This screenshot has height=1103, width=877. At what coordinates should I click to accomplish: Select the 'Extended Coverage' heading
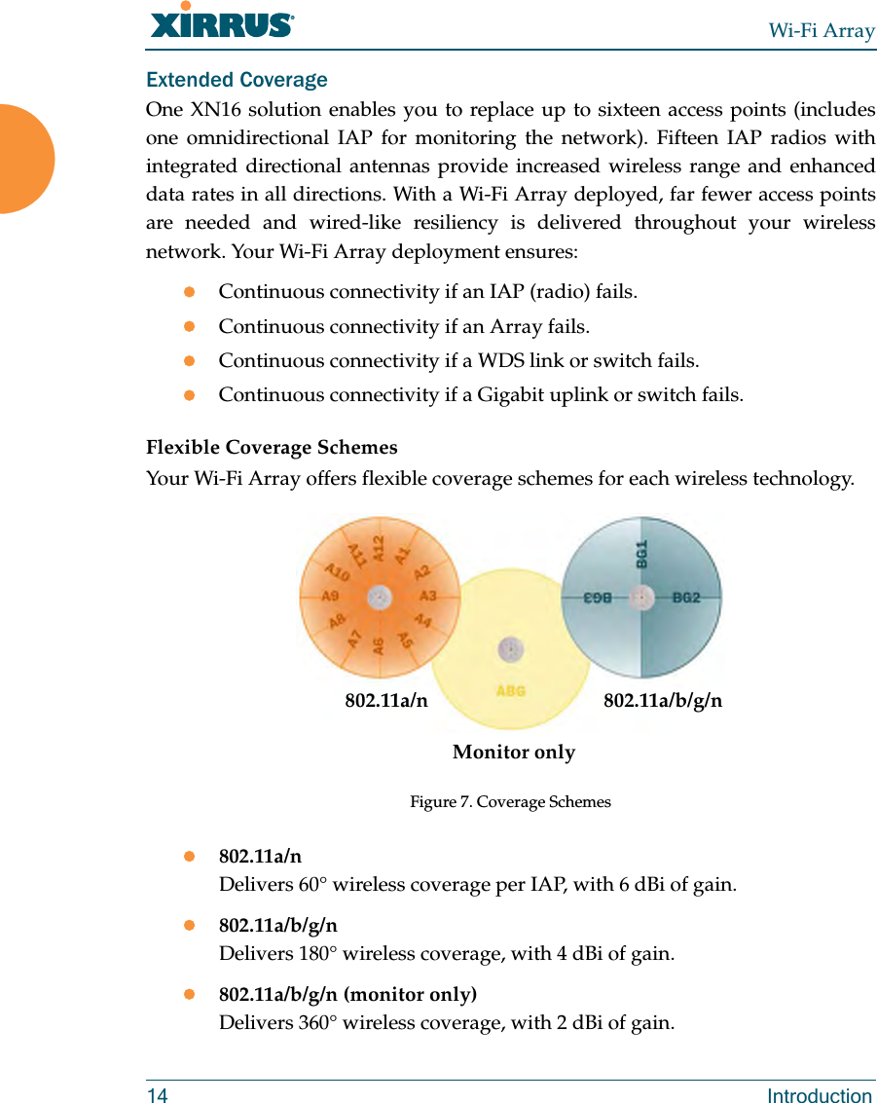pos(237,80)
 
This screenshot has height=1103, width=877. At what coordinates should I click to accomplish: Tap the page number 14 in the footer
pos(157,1095)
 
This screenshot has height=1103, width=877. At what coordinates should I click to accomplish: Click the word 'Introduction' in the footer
pos(820,1095)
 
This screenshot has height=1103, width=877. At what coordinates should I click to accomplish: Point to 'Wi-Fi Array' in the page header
pos(822,30)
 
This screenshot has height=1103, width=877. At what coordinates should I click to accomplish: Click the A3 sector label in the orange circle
pos(427,596)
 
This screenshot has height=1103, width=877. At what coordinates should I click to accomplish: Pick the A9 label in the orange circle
pos(331,595)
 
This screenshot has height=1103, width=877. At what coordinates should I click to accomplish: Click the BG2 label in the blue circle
pos(686,597)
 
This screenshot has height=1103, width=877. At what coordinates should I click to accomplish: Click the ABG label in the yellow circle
pos(511,690)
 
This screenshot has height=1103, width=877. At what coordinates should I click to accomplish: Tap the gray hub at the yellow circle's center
pos(511,648)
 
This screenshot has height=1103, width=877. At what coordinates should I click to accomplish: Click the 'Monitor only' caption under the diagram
pos(514,753)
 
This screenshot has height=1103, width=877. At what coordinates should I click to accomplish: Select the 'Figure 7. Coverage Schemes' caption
pos(510,802)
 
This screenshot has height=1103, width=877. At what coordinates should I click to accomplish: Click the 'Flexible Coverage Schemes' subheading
pos(272,448)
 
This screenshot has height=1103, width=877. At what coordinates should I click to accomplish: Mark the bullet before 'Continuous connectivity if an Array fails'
pos(190,326)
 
